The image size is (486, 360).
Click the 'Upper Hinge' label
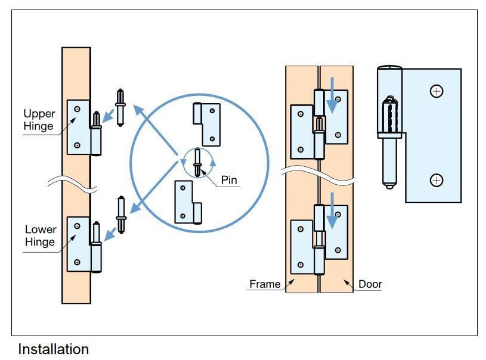(39, 119)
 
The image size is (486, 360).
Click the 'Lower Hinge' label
(41, 235)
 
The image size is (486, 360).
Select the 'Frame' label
(265, 284)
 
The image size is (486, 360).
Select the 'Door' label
(370, 284)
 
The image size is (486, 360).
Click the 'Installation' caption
(53, 349)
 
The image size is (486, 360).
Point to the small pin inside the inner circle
(197, 162)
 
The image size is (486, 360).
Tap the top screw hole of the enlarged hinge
(437, 91)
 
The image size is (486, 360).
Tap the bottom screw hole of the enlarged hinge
(437, 180)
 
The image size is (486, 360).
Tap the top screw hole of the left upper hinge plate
(77, 108)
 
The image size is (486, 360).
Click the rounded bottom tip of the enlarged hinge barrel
(389, 184)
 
